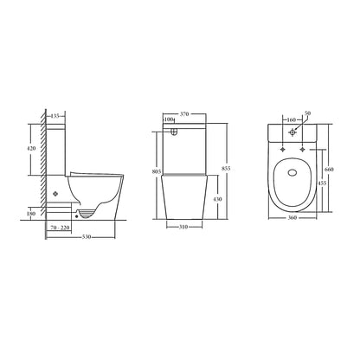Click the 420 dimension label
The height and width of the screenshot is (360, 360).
(x=31, y=148)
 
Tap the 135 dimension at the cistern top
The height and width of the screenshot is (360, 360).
(x=55, y=116)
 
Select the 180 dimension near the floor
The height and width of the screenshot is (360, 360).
(x=31, y=214)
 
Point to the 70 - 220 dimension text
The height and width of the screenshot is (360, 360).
(x=60, y=228)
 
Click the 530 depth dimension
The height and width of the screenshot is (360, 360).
(x=87, y=237)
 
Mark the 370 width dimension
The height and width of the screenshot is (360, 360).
(x=184, y=114)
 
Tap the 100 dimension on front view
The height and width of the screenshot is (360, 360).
(x=169, y=119)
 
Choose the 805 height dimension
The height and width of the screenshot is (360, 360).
(x=157, y=171)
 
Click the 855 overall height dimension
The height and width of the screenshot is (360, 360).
(x=226, y=168)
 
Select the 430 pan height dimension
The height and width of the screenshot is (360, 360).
(x=218, y=199)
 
